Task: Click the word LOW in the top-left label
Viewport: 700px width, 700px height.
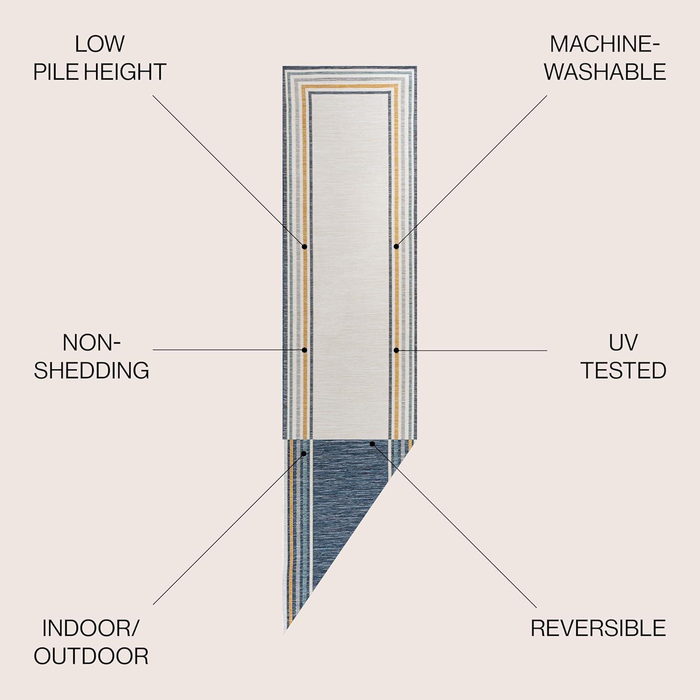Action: (99, 44)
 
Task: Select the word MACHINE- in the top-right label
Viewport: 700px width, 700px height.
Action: (605, 44)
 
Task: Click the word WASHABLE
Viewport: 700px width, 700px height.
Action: (605, 72)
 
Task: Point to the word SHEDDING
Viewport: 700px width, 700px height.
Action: (91, 371)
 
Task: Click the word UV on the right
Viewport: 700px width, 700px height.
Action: (623, 343)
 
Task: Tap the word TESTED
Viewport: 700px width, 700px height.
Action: (623, 371)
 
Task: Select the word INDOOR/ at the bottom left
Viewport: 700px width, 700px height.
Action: (91, 628)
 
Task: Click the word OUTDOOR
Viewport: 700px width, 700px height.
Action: (91, 656)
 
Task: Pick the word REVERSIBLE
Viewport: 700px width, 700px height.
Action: (598, 628)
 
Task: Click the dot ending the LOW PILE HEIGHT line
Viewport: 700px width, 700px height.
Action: (304, 246)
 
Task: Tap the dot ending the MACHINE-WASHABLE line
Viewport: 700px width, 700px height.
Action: (396, 246)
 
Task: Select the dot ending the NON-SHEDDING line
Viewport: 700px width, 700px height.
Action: (304, 350)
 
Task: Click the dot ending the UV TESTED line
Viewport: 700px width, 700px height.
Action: (396, 350)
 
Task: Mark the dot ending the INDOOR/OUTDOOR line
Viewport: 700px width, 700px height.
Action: (304, 453)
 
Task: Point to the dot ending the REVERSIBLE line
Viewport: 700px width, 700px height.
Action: (372, 443)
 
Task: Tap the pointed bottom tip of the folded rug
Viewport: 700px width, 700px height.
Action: (286, 632)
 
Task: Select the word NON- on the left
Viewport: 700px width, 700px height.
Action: (91, 343)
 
